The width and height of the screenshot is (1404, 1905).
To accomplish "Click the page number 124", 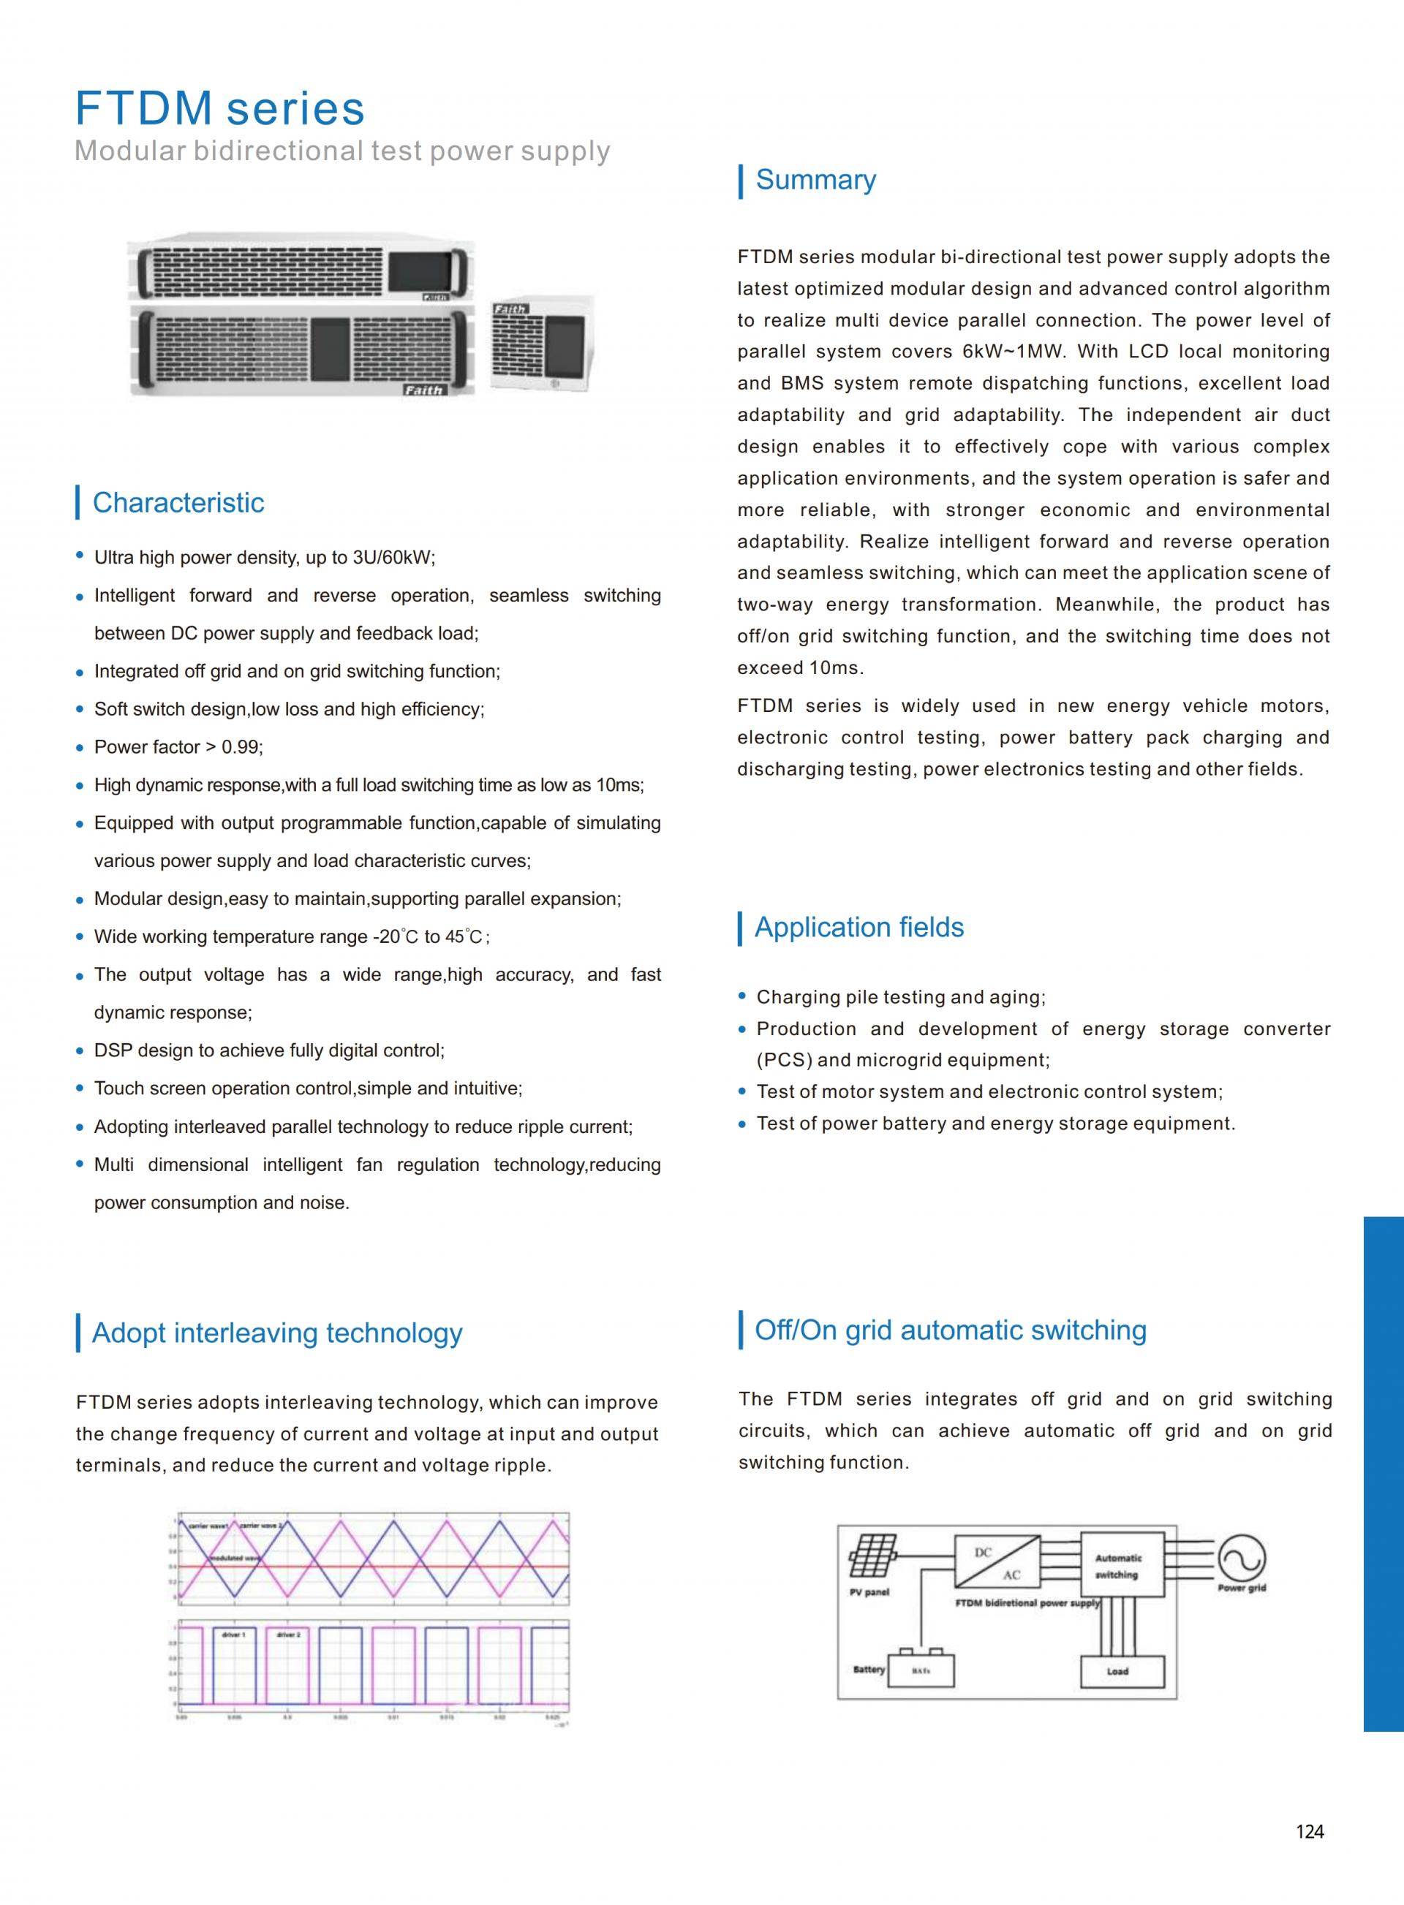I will (x=1309, y=1831).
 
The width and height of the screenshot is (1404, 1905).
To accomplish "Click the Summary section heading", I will (x=815, y=180).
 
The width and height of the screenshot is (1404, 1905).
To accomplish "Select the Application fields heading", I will (x=858, y=927).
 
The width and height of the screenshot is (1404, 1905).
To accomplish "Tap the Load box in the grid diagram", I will (x=1117, y=1670).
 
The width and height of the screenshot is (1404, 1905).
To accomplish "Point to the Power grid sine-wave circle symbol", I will (x=1242, y=1559).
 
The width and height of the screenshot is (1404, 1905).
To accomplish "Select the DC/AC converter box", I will (x=997, y=1561).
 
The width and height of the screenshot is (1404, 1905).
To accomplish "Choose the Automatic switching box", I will (x=1122, y=1565).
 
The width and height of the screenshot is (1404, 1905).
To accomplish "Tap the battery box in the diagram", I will (x=921, y=1670).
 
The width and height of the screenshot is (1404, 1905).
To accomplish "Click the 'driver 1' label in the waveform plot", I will (x=233, y=1634).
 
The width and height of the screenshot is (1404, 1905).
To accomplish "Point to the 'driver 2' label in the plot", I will (x=288, y=1634).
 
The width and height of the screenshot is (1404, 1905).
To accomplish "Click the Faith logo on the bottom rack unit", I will (x=423, y=390).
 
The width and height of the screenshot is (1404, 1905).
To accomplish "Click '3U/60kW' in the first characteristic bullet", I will (x=393, y=558).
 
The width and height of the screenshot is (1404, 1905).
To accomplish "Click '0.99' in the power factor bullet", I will (x=241, y=747).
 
